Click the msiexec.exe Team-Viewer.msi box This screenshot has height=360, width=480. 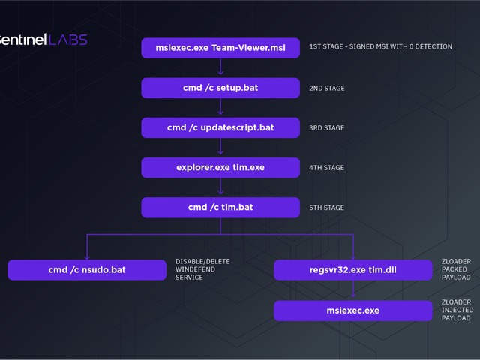point(220,48)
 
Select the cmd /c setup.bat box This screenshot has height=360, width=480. point(220,88)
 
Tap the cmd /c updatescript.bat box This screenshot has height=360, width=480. point(220,127)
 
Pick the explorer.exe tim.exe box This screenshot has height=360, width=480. point(220,167)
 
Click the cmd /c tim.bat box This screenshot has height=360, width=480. point(220,207)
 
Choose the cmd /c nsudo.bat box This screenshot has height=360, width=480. point(87,269)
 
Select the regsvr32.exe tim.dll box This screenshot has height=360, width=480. point(352,269)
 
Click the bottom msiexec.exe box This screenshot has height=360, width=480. point(352,310)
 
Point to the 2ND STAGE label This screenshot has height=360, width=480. point(327,88)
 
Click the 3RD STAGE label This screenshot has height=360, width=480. point(327,128)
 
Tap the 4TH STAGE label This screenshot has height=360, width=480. point(327,168)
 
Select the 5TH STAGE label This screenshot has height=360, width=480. point(327,208)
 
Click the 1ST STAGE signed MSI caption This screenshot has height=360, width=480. point(380,46)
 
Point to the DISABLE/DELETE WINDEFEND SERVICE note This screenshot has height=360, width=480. point(202,269)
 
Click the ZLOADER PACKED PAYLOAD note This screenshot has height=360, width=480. point(456,269)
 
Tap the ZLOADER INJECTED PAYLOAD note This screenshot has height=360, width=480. point(456,310)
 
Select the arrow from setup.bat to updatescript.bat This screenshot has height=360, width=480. point(220,108)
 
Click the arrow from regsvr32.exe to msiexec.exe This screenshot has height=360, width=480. point(352,290)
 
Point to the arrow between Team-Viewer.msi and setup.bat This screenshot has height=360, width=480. point(220,68)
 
